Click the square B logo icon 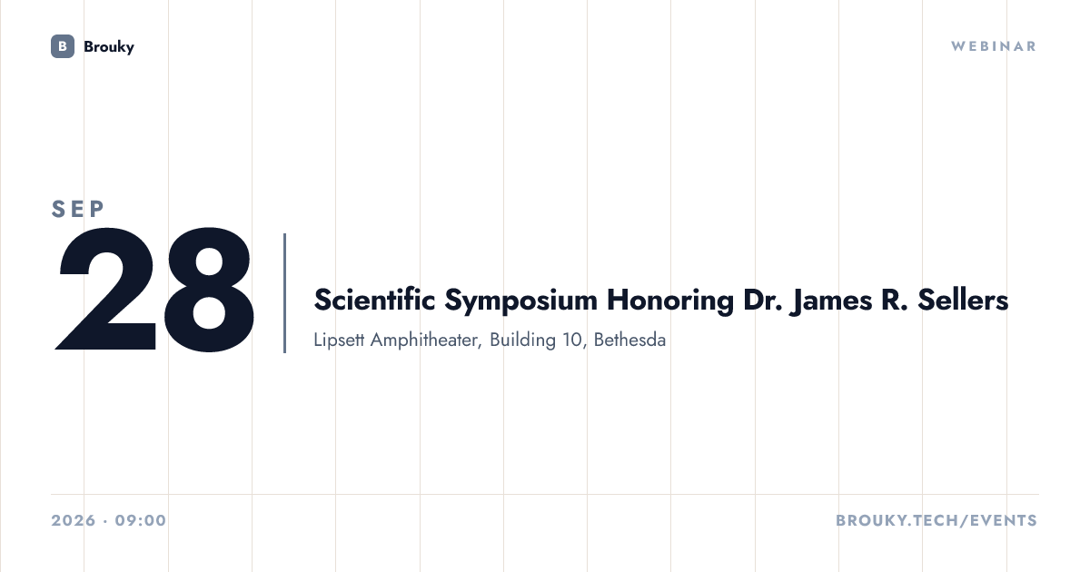[x=63, y=46]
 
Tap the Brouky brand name [x=108, y=47]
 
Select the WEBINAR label [x=994, y=46]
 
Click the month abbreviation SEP [x=78, y=209]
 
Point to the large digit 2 [x=105, y=289]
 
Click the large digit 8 [x=209, y=289]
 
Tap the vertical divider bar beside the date [x=284, y=292]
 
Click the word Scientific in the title [x=374, y=300]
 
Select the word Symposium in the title [x=520, y=301]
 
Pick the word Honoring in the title [x=670, y=301]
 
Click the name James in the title [x=831, y=301]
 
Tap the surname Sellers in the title [x=963, y=300]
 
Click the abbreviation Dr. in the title [x=762, y=300]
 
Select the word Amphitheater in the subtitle [x=426, y=340]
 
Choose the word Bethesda [x=629, y=340]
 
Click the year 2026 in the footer [x=74, y=520]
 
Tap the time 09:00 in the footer [x=141, y=520]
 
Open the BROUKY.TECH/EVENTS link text [x=936, y=520]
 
